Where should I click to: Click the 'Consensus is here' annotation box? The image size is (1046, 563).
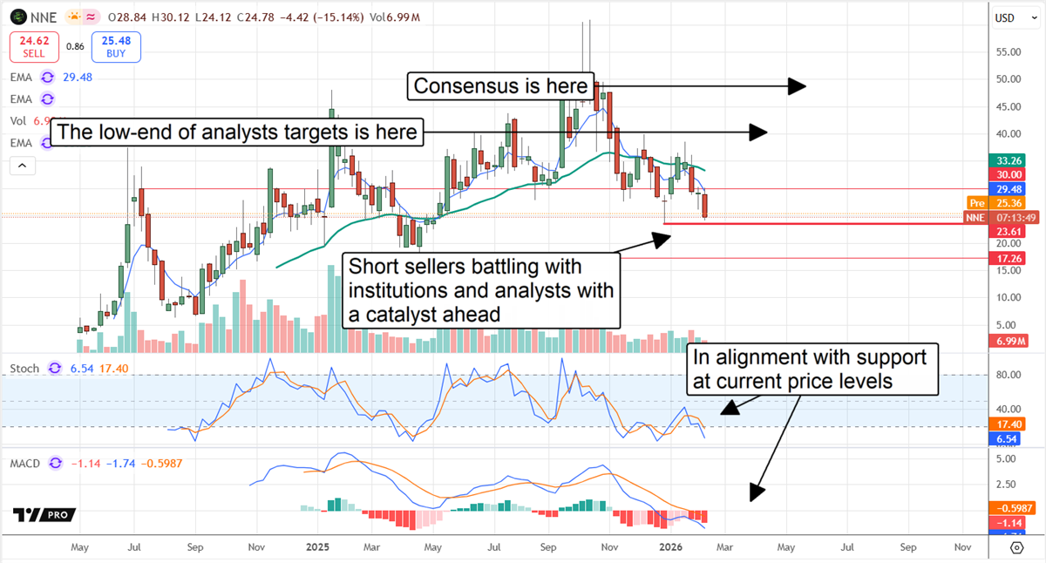(x=501, y=85)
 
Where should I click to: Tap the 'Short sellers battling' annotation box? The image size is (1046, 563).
(x=480, y=290)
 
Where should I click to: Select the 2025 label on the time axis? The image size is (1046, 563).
(x=316, y=547)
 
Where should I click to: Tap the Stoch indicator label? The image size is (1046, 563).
(x=24, y=369)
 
